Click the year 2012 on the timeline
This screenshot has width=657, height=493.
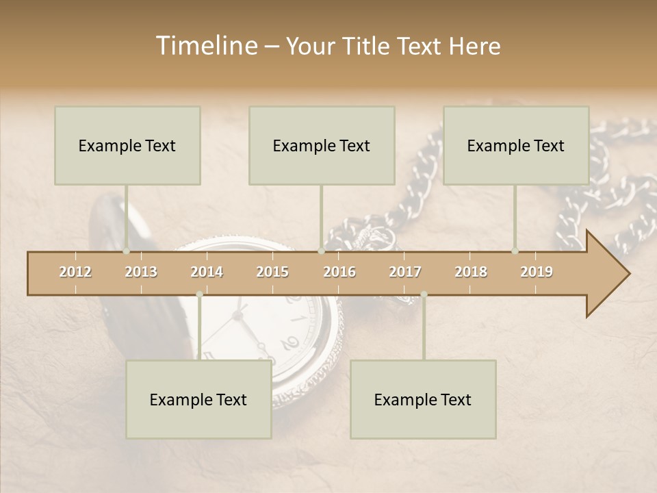point(75,272)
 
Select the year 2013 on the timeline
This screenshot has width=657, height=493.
point(141,272)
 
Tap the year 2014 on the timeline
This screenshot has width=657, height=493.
point(207,272)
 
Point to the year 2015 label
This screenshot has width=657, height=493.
point(272,272)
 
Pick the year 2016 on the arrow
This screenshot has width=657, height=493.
point(339,272)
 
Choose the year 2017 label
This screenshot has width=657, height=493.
point(405,272)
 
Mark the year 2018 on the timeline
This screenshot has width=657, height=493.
point(471,272)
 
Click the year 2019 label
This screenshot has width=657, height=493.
point(537,272)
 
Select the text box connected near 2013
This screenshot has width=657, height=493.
point(127,145)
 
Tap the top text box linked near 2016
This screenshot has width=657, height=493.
point(322,145)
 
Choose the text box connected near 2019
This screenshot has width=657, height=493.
point(516,145)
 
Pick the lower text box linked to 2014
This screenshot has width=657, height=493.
point(198,399)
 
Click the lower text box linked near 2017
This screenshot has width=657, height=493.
point(423,399)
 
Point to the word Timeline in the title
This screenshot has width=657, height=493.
point(205,46)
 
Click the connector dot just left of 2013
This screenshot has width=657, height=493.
point(126,251)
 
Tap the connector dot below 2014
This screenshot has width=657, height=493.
point(199,294)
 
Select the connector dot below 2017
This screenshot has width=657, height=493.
point(424,294)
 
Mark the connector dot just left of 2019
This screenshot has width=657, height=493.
point(515,251)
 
